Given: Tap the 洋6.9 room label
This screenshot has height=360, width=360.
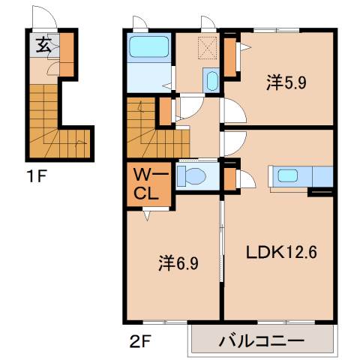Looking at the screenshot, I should click(x=178, y=263).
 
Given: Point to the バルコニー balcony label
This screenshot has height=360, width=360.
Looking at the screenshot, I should click(x=262, y=342).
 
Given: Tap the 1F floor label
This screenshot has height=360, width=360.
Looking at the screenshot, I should click(x=37, y=178).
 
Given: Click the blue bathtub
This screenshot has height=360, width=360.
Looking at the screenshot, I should click(x=150, y=47).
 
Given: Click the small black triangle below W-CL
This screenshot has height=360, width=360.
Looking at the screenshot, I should click(x=145, y=216).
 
